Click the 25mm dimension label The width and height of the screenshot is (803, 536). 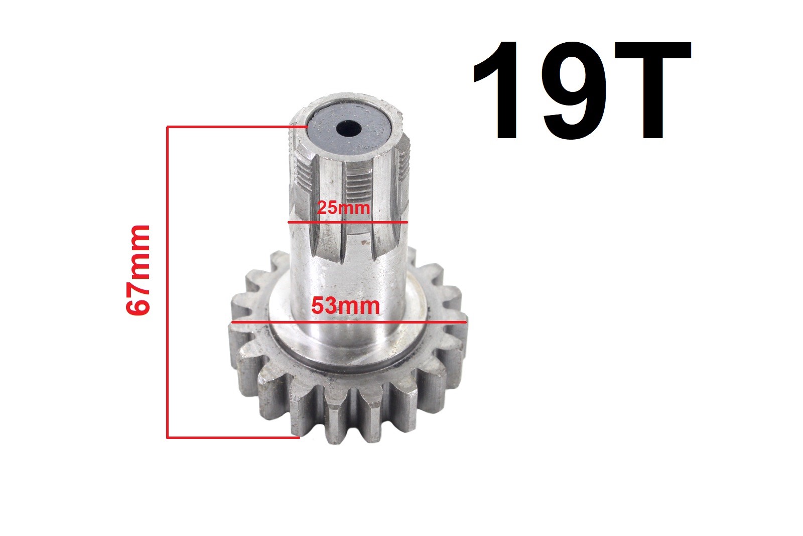pos(343,208)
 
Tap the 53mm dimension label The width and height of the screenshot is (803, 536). pos(345,306)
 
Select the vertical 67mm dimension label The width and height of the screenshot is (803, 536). pos(138,270)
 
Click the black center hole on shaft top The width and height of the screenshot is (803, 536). pos(348,129)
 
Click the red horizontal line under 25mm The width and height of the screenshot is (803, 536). pos(348,222)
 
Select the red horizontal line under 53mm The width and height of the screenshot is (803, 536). pos(349,322)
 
